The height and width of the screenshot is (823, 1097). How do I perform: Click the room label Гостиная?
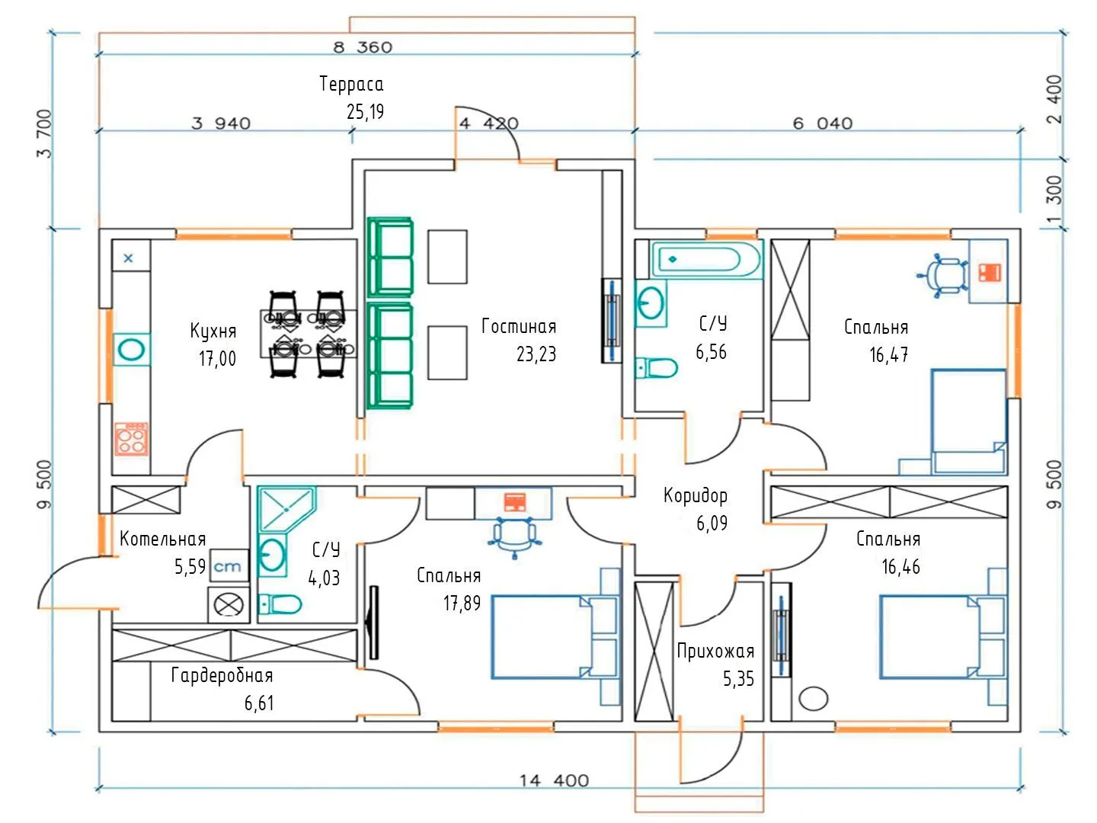tap(519, 327)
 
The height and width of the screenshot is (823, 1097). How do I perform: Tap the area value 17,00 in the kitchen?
tap(218, 358)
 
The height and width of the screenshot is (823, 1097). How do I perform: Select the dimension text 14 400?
tap(554, 780)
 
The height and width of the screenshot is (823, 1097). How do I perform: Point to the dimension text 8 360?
tap(363, 47)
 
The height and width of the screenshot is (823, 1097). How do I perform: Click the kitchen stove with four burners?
tap(131, 439)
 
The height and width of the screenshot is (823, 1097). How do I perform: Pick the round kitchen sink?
tap(131, 351)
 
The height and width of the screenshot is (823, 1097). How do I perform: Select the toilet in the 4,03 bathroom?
tap(279, 605)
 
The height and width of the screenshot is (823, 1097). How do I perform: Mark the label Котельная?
tap(163, 540)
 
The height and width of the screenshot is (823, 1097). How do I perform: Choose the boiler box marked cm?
tap(228, 566)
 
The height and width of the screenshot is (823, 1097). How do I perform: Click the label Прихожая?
tap(715, 652)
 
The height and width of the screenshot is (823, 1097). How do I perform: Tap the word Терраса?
tap(351, 84)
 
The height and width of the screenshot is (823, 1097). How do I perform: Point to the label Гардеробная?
tap(222, 675)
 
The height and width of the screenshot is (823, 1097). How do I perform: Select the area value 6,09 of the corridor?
tap(712, 524)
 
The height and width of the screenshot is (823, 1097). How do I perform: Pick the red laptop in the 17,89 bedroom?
tap(514, 501)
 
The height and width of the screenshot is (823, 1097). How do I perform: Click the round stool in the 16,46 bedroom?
tap(814, 698)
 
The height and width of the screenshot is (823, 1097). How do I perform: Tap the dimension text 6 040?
tap(823, 123)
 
